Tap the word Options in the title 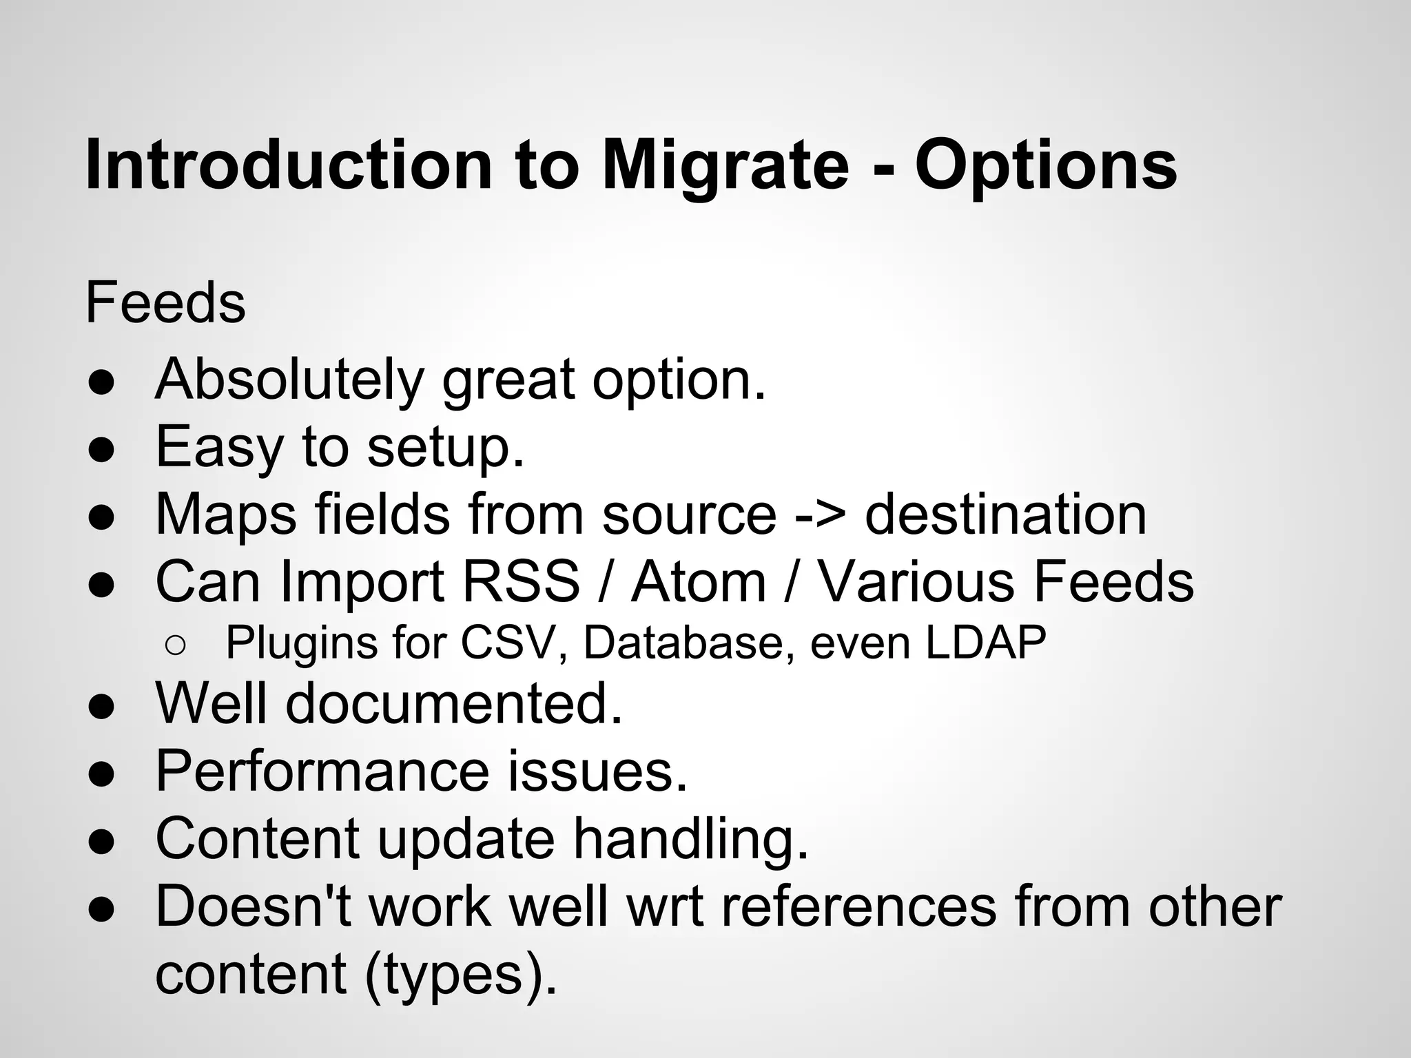coord(1045,166)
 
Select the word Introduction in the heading coord(289,166)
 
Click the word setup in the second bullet coord(445,448)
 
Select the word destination coord(1005,515)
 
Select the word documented coord(453,704)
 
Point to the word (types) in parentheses coord(460,974)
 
